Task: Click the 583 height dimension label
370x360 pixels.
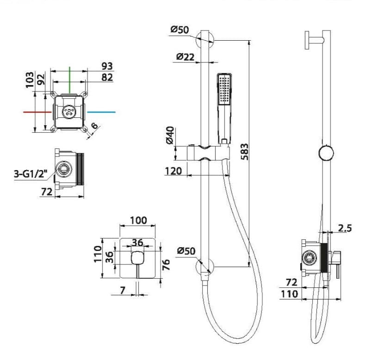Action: tap(245, 152)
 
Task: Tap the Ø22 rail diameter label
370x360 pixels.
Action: tap(185, 57)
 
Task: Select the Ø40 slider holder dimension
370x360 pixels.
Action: tap(170, 135)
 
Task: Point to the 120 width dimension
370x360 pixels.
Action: tap(173, 171)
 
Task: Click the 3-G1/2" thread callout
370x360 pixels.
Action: tap(31, 174)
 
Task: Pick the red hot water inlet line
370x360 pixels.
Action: tap(37, 112)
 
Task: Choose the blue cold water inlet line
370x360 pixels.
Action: tap(101, 112)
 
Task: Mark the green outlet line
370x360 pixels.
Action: tap(70, 79)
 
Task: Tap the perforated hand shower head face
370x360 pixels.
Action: tap(224, 89)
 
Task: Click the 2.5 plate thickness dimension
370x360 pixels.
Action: tap(345, 228)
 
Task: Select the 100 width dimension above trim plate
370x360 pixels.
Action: tap(138, 220)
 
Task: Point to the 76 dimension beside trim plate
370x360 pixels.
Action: tap(166, 264)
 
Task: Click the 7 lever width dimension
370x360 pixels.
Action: tap(122, 291)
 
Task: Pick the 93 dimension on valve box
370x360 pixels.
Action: tap(107, 66)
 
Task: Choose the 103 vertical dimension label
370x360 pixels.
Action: tap(30, 80)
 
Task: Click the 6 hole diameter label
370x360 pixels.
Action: tap(94, 125)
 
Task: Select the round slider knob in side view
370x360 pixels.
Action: tap(326, 153)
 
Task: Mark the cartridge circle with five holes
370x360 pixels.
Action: tap(69, 111)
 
